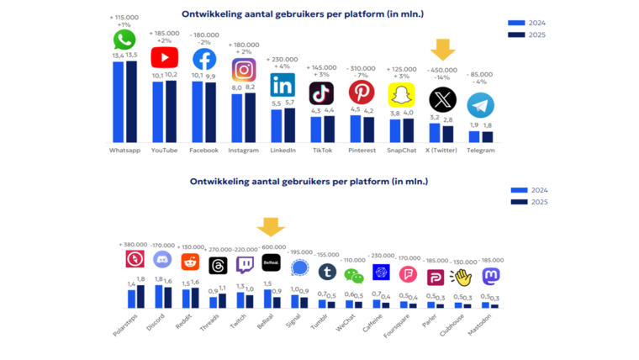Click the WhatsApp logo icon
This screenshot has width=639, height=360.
[x=124, y=40]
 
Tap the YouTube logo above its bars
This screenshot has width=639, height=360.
[x=164, y=57]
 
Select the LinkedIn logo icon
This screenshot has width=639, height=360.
[x=283, y=85]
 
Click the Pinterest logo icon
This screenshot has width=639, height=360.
[x=362, y=92]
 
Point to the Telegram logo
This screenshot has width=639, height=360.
[x=480, y=105]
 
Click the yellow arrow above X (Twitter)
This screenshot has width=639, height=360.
[x=442, y=50]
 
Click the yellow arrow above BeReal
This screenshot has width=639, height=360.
[x=271, y=227]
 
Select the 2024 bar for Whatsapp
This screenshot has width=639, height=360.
[x=119, y=101]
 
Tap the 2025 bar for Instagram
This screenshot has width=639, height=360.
[x=250, y=117]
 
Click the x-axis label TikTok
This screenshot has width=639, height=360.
[x=321, y=151]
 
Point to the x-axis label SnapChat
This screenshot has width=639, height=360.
[x=401, y=151]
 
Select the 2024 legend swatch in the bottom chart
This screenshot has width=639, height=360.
[x=518, y=190]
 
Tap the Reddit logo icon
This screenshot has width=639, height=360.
[x=190, y=262]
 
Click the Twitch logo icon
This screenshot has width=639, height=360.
[x=245, y=265]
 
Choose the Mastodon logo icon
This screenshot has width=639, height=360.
[x=490, y=275]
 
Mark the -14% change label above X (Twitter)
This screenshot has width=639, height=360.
[x=442, y=77]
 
